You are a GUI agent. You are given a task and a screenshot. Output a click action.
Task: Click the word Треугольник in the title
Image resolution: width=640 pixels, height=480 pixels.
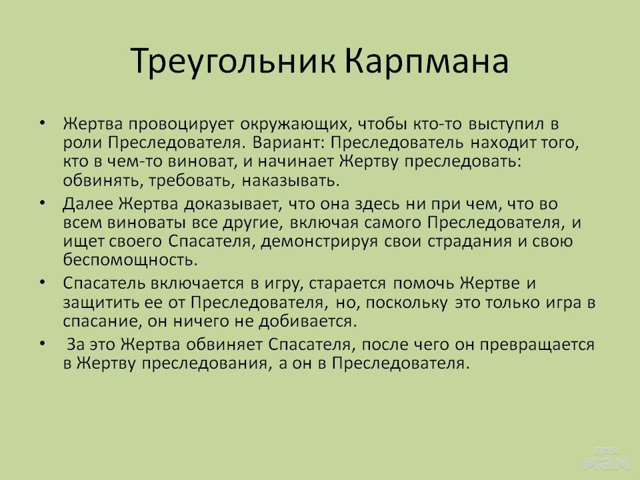234,62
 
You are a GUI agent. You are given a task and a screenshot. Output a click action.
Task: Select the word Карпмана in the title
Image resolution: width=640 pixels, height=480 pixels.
427,62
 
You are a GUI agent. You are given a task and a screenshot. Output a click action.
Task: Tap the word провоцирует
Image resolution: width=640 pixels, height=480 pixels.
181,125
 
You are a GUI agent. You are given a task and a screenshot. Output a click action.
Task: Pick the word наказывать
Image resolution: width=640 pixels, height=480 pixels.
291,181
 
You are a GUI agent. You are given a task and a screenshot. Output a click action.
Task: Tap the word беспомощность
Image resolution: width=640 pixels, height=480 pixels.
130,260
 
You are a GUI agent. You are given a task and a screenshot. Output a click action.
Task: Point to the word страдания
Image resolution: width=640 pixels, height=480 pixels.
469,241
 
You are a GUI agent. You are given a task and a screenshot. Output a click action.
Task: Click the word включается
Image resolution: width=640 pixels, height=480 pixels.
197,283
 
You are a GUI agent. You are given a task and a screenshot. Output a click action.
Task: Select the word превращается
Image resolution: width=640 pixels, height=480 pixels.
537,345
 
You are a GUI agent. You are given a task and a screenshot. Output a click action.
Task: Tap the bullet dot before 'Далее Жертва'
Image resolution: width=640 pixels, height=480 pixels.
43,203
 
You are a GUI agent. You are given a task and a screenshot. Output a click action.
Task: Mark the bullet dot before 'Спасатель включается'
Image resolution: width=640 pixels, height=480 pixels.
43,281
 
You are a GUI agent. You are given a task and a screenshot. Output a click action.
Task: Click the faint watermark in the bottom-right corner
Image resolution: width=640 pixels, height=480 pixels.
607,459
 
